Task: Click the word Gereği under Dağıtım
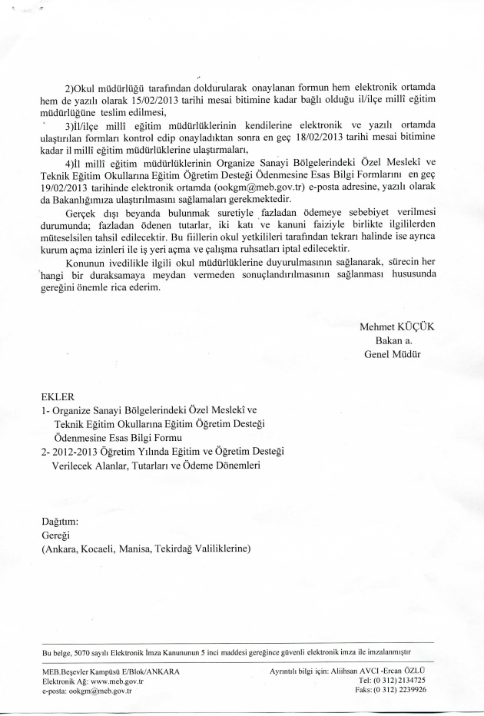(57, 535)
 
